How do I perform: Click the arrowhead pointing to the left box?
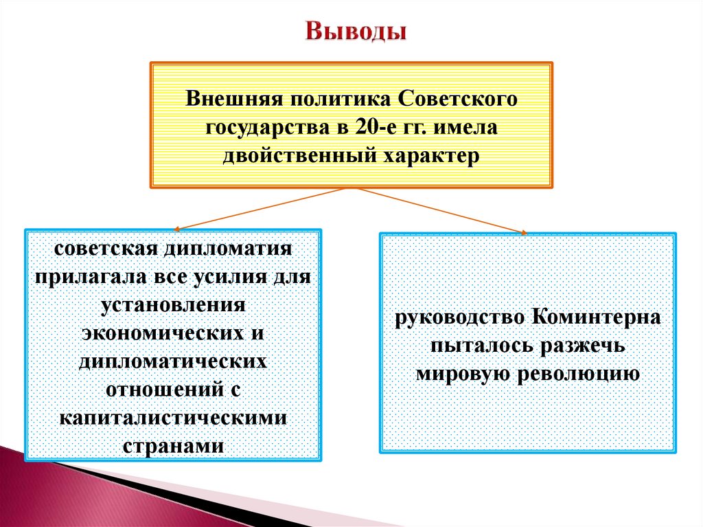point(178,228)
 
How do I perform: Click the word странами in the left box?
point(173,445)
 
